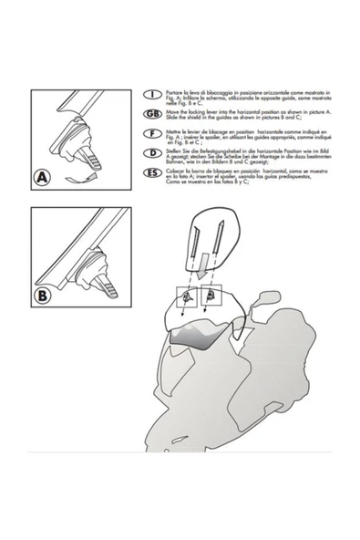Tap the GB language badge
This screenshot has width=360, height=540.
153,112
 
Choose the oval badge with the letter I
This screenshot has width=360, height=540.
153,94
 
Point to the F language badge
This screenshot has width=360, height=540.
153,132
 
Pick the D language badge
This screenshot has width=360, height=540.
153,152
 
